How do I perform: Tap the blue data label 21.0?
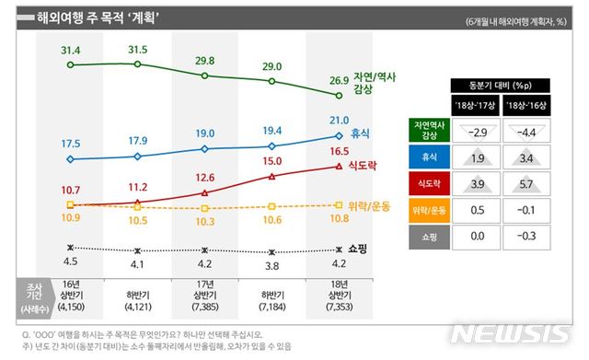[x=340, y=121]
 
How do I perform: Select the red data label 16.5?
[x=340, y=150]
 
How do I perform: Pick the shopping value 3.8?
[x=271, y=267]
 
